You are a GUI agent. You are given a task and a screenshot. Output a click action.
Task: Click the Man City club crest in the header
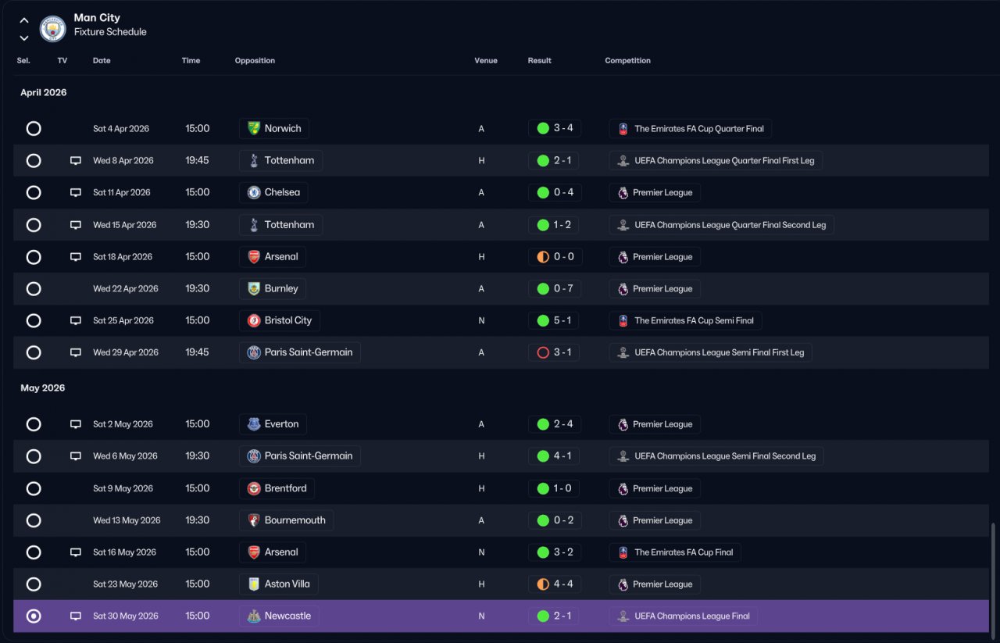point(52,28)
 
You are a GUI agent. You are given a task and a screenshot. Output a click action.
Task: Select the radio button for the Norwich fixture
point(34,129)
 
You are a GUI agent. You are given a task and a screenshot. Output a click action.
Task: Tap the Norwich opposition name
point(283,129)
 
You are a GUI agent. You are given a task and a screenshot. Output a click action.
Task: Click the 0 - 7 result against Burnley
point(563,288)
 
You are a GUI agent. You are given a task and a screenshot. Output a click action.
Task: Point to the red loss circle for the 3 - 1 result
point(543,353)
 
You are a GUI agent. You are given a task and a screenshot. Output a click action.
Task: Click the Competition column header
point(627,60)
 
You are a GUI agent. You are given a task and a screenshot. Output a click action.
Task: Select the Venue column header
point(486,60)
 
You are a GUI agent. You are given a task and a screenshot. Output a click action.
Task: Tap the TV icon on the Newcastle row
point(76,616)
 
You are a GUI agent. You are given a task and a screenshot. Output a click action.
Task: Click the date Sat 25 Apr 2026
point(123,320)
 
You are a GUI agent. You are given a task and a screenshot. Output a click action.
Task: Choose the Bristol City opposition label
point(288,320)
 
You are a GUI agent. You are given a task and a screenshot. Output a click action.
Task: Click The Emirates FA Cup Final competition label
point(684,552)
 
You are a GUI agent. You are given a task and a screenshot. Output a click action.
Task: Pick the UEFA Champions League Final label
point(692,616)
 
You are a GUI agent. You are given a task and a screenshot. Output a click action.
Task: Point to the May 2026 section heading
point(42,388)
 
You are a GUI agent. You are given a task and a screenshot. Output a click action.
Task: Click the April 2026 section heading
point(43,92)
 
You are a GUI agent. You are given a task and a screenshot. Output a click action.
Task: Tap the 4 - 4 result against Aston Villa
point(563,584)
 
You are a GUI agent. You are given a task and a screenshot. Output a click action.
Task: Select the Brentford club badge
point(254,488)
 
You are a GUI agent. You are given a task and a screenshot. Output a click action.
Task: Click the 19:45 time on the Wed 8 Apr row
point(197,160)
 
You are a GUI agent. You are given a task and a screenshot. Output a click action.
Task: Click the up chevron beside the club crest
point(24,20)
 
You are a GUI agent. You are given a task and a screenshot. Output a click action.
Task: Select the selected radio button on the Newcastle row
point(34,616)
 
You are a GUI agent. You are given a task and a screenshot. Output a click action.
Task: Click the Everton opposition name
point(281,424)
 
